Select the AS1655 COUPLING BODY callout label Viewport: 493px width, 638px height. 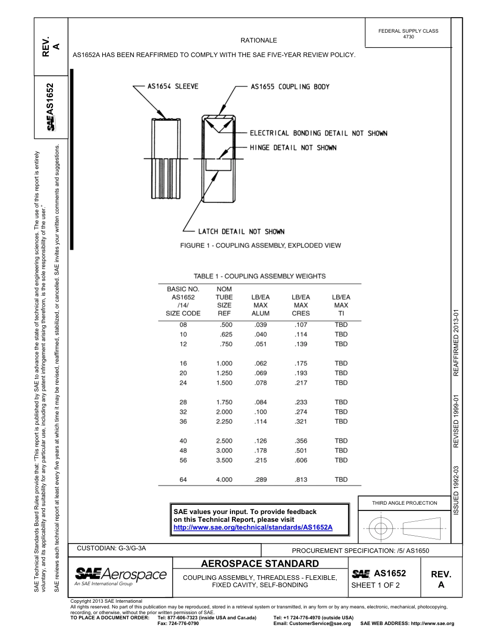tap(290, 87)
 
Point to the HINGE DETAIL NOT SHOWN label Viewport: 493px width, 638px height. tap(293, 148)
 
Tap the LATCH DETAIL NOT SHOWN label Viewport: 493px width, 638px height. tap(241, 231)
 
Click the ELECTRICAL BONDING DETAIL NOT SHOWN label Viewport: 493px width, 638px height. tap(319, 133)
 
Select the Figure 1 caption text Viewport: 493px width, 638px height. tap(260, 245)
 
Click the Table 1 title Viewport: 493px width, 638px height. tap(259, 276)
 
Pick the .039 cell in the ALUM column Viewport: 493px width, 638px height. tap(261, 325)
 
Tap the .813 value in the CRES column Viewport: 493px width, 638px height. tap(300, 480)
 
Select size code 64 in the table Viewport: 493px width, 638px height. tap(183, 480)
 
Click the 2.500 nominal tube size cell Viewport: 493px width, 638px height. tap(224, 441)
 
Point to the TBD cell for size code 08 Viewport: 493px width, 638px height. tap(341, 325)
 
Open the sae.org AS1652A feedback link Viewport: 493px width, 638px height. tap(253, 527)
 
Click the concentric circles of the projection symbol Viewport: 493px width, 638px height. tap(381, 529)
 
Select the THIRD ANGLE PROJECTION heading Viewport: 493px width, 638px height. tap(404, 503)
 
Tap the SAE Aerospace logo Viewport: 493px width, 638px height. tap(121, 575)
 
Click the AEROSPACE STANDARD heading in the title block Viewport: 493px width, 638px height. tap(260, 564)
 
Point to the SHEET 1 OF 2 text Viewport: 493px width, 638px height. tap(375, 586)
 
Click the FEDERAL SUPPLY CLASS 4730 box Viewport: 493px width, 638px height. tap(408, 34)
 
